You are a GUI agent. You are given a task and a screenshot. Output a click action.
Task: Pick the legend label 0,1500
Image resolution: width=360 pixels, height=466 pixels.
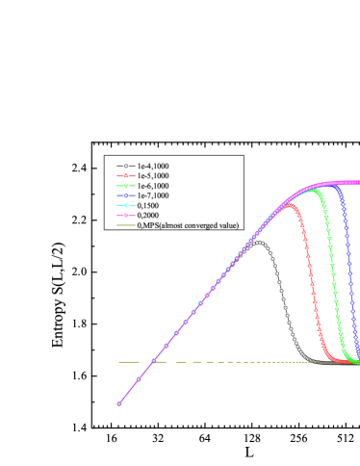pyautogui.click(x=151, y=210)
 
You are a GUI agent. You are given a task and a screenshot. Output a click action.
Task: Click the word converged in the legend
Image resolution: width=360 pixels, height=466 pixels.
pyautogui.click(x=206, y=225)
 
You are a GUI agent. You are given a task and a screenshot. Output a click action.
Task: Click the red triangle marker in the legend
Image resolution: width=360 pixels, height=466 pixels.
pyautogui.click(x=122, y=177)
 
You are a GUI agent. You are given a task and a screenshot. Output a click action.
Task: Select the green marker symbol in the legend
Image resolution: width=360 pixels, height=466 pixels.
pyautogui.click(x=122, y=188)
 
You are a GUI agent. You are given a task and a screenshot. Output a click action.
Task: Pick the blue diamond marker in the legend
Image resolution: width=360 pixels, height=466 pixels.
pyautogui.click(x=122, y=199)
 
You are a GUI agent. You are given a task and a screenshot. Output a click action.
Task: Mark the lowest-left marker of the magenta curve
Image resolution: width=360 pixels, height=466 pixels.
pyautogui.click(x=119, y=403)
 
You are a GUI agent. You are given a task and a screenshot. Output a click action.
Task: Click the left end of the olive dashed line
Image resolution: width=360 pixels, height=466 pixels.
pyautogui.click(x=119, y=362)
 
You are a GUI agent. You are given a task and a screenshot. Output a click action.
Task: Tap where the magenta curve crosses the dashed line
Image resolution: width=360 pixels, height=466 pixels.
pyautogui.click(x=154, y=362)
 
